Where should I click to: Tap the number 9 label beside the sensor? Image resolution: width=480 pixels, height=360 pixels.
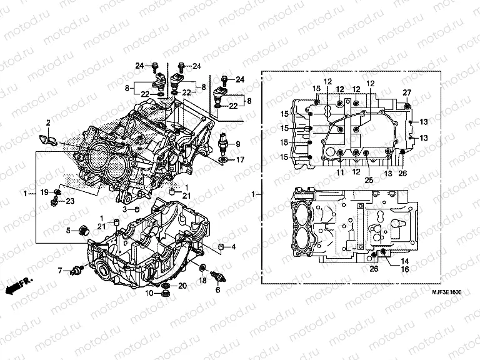click(238, 144)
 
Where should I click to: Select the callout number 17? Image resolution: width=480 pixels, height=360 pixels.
click(240, 160)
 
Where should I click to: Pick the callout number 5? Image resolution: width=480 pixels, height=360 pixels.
click(69, 231)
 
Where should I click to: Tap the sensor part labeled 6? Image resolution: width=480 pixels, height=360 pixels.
click(218, 277)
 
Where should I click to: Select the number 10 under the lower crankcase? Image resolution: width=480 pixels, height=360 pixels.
click(149, 292)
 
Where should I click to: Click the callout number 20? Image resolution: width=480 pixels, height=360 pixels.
click(182, 286)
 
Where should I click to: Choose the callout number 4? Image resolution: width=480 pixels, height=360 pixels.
click(233, 247)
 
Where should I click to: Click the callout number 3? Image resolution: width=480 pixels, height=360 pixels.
click(125, 209)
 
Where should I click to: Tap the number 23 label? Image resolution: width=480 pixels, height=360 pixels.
click(69, 201)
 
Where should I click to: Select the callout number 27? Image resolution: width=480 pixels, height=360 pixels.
click(407, 93)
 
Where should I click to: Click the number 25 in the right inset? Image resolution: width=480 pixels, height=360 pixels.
click(368, 180)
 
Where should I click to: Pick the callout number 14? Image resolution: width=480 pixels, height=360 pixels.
click(404, 261)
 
